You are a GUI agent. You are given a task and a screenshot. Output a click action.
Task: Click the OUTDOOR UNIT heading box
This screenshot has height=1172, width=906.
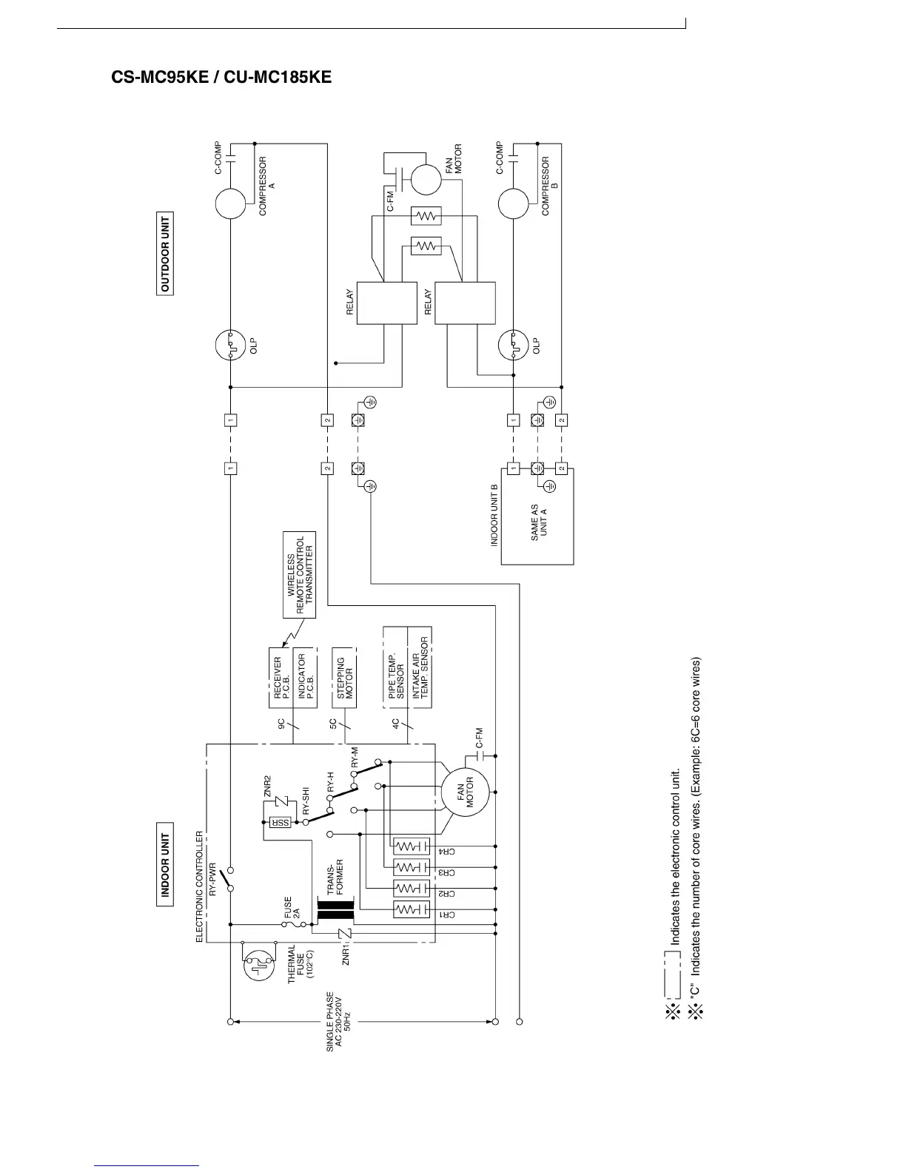click(164, 254)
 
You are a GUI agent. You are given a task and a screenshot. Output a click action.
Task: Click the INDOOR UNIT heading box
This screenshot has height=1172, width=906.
click(165, 864)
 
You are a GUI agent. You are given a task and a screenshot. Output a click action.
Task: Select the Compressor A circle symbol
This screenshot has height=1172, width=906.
click(230, 203)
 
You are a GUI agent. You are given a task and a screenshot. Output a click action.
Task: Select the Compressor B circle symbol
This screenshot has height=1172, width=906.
click(513, 203)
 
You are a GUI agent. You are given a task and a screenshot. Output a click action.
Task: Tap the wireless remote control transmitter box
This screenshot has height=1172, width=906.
click(300, 575)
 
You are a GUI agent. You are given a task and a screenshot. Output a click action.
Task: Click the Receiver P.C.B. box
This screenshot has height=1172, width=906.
click(280, 678)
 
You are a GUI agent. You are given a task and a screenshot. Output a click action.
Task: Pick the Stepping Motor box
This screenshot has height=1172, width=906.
click(344, 678)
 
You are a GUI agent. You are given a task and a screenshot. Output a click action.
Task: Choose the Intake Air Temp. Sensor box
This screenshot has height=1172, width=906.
click(420, 668)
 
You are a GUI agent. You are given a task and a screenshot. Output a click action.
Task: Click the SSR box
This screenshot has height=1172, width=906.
click(281, 822)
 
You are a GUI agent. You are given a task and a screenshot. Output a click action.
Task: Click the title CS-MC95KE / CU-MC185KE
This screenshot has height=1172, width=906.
click(221, 78)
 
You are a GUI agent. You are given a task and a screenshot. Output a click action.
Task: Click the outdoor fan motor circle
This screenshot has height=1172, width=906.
click(426, 179)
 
